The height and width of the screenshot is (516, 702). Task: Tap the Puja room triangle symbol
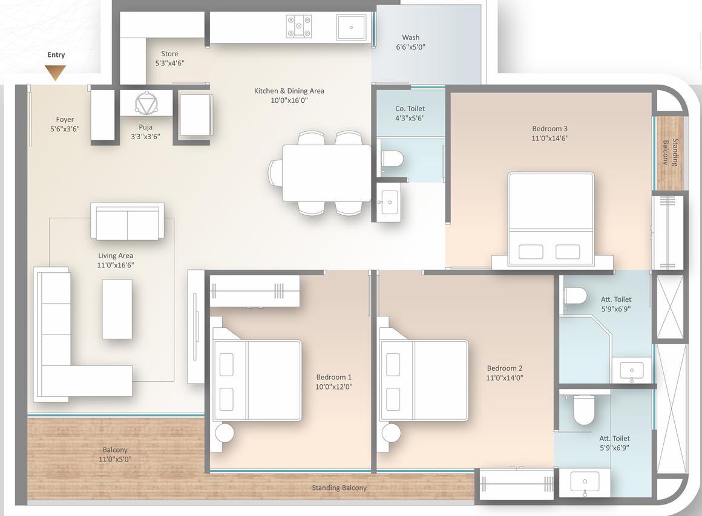pyautogui.click(x=145, y=103)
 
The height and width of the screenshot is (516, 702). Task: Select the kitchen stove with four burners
pyautogui.click(x=298, y=27)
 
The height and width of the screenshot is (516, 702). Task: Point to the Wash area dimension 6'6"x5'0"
pyautogui.click(x=411, y=47)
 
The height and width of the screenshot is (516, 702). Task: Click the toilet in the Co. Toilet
pyautogui.click(x=392, y=159)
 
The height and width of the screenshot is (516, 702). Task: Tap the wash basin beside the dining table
pyautogui.click(x=388, y=199)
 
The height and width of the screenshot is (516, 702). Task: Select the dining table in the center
pyautogui.click(x=326, y=173)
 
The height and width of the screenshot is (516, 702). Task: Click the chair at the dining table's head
pyautogui.click(x=275, y=173)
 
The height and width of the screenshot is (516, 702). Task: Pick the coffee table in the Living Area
pyautogui.click(x=117, y=309)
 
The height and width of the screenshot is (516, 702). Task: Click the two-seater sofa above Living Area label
pyautogui.click(x=127, y=222)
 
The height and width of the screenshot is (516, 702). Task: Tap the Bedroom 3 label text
pyautogui.click(x=549, y=128)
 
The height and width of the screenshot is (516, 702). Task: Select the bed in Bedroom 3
pyautogui.click(x=550, y=218)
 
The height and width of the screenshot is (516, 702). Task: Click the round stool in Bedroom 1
pyautogui.click(x=225, y=433)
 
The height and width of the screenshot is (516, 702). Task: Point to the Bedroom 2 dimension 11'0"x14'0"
pyautogui.click(x=505, y=377)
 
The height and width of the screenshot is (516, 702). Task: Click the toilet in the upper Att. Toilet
pyautogui.click(x=575, y=295)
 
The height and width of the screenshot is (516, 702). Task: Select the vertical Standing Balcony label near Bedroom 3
pyautogui.click(x=669, y=152)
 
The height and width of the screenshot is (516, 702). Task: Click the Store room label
pyautogui.click(x=169, y=54)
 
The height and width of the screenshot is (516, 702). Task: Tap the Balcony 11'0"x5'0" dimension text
pyautogui.click(x=114, y=459)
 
